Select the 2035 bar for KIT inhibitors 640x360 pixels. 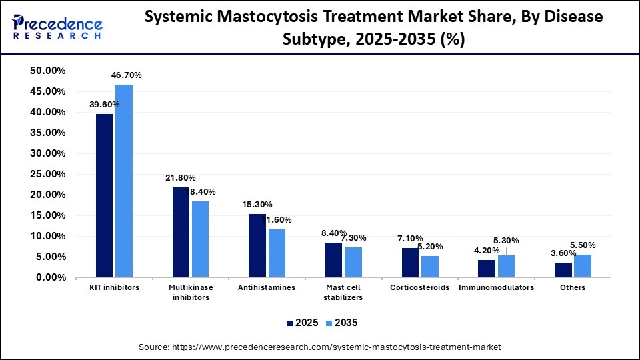pos(123,180)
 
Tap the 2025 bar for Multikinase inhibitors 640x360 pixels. pos(181,231)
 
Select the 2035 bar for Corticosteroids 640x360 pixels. pos(429,266)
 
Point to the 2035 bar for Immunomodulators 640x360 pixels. pos(506,265)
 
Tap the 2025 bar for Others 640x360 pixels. pos(563,269)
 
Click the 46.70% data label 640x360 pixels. pos(127,75)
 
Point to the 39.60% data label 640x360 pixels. pos(104,104)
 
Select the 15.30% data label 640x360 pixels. pos(257,204)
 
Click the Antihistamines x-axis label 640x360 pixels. pos(267,287)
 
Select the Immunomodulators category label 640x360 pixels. pos(496,287)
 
